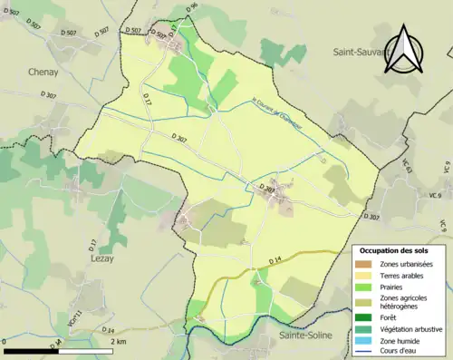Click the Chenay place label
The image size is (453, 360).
43,71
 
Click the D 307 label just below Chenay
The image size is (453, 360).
44,93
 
